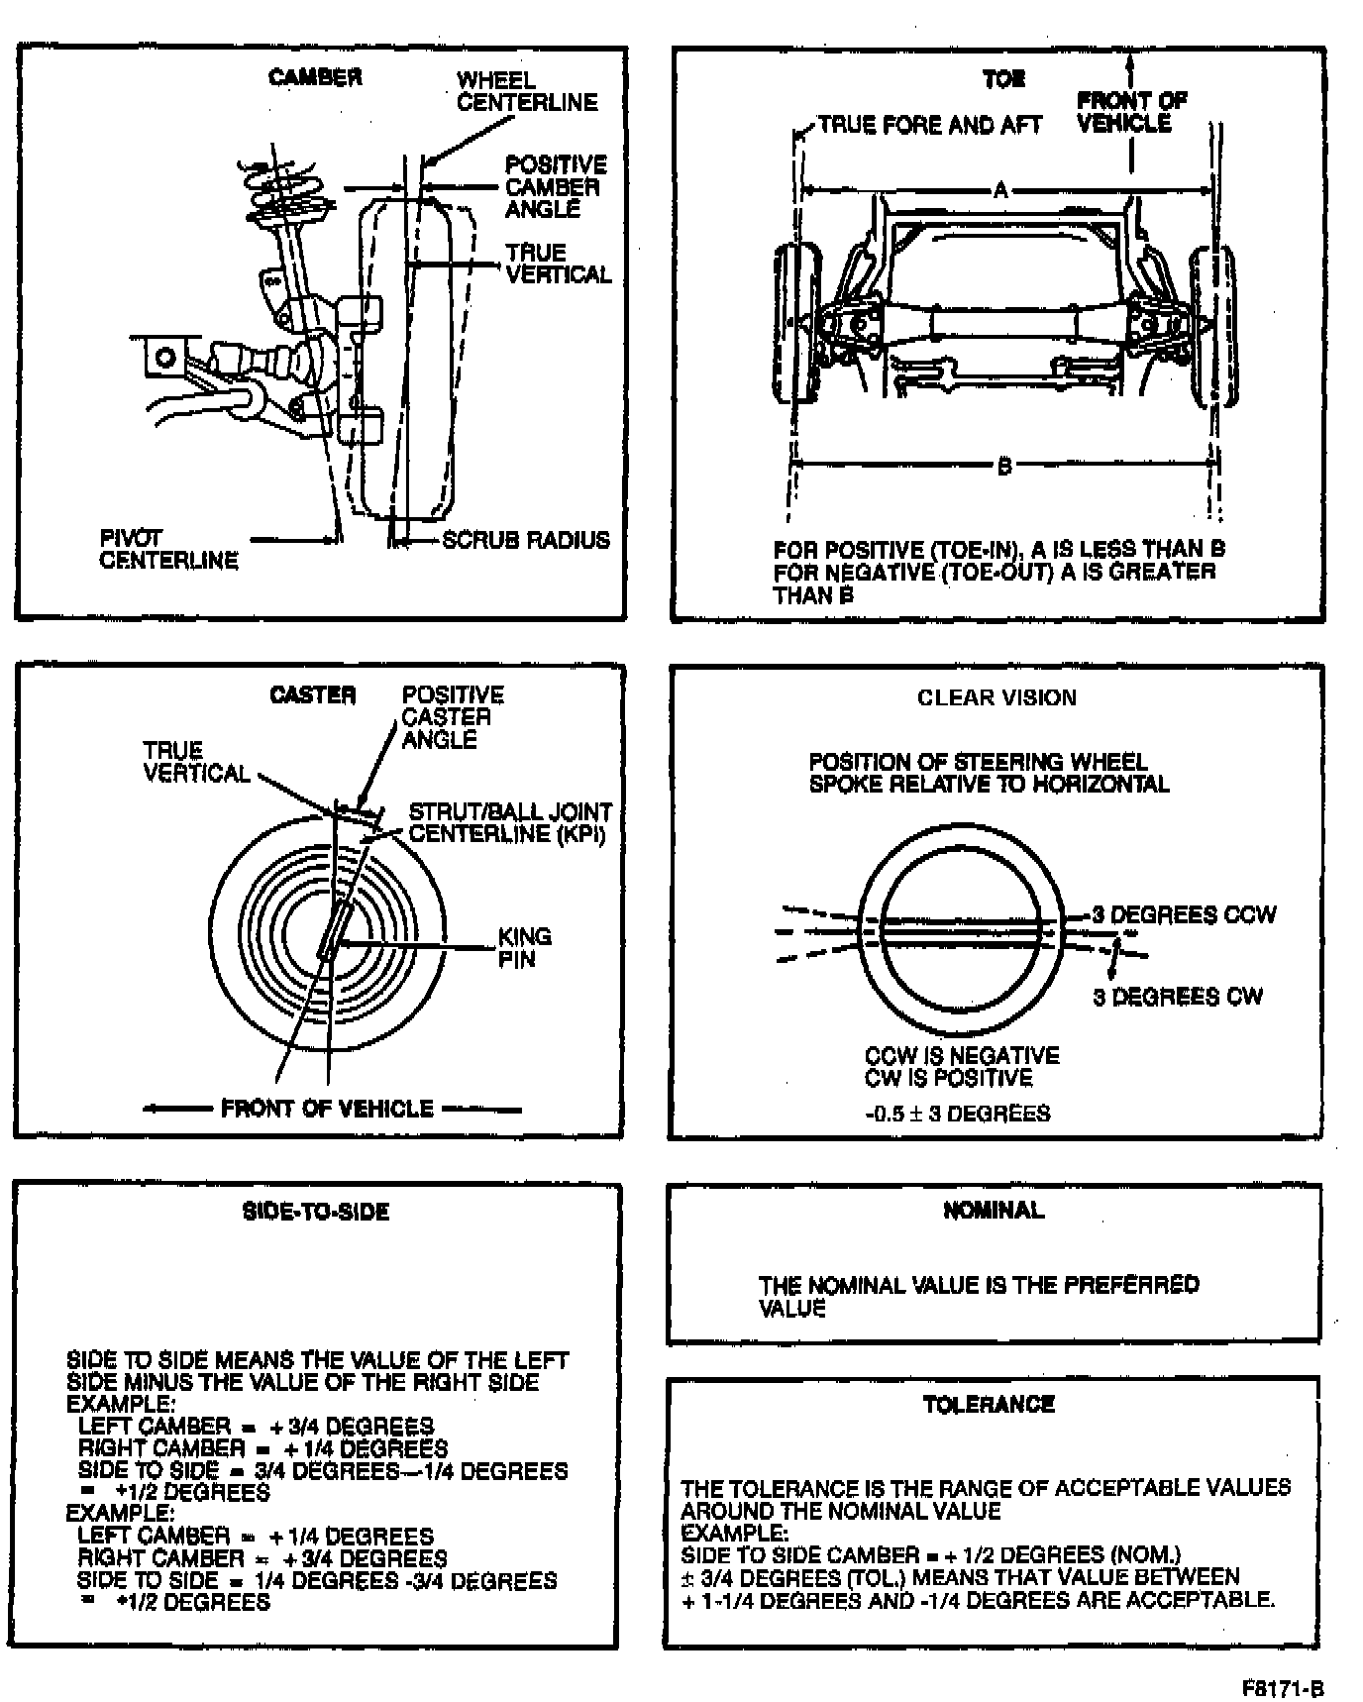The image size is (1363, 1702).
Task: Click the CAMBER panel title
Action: [315, 77]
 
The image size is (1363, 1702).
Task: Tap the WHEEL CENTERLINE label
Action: [526, 91]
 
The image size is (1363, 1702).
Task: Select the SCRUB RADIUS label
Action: [525, 540]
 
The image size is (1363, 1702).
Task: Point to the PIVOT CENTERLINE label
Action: [168, 550]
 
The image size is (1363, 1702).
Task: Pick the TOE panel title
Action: [1003, 79]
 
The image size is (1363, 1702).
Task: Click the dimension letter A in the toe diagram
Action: [1000, 190]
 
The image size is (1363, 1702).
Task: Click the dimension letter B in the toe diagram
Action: [1003, 465]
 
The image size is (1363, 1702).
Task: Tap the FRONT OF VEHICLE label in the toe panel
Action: [1131, 112]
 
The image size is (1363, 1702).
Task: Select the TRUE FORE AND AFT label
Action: [930, 125]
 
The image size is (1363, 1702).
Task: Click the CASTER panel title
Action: [312, 695]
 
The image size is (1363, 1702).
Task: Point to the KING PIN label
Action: [524, 947]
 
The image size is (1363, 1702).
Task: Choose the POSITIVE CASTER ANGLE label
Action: [452, 717]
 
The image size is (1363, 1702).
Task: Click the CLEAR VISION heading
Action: [996, 697]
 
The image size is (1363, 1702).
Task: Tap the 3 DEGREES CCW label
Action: [1184, 914]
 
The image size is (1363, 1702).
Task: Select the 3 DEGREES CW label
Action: [1178, 997]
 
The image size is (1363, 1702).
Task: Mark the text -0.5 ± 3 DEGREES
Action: [957, 1114]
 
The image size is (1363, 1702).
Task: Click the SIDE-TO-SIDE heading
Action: [316, 1212]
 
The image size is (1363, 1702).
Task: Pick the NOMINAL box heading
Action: [994, 1210]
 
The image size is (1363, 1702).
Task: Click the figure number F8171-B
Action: [1283, 1689]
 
